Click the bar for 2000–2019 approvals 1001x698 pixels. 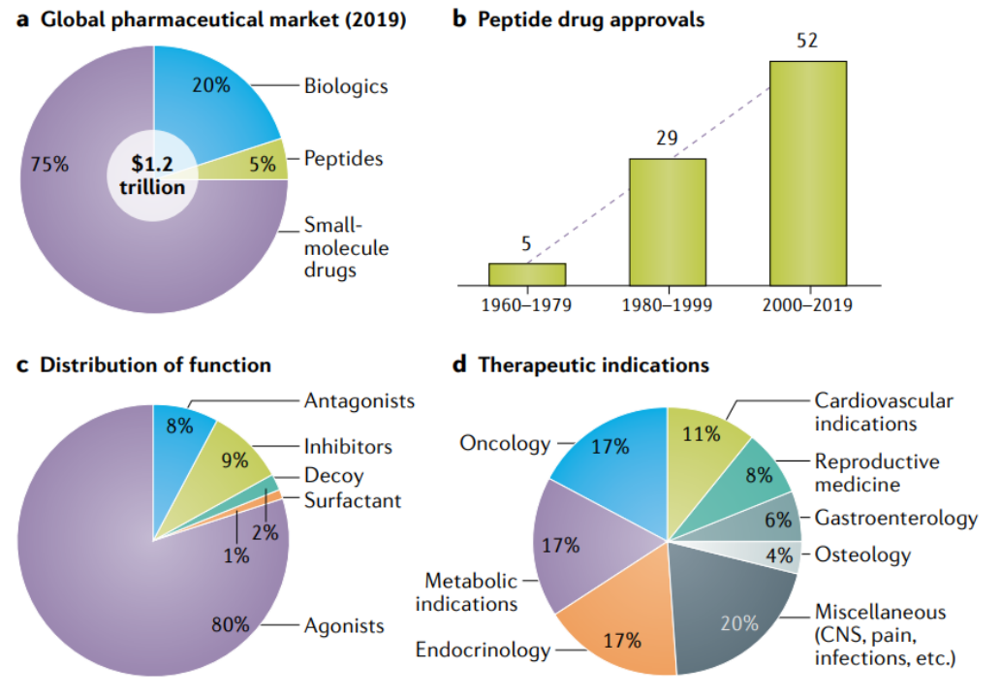pyautogui.click(x=808, y=174)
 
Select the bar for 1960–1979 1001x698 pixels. pyautogui.click(x=526, y=274)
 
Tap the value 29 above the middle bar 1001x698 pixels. pyautogui.click(x=667, y=138)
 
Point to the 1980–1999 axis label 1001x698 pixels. pyautogui.click(x=667, y=305)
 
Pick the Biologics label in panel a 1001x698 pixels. pyautogui.click(x=346, y=86)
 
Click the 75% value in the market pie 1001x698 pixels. pyautogui.click(x=49, y=164)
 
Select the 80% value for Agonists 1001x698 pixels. pyautogui.click(x=231, y=624)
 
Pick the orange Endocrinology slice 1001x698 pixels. pyautogui.click(x=620, y=635)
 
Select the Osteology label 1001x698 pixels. pyautogui.click(x=862, y=555)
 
